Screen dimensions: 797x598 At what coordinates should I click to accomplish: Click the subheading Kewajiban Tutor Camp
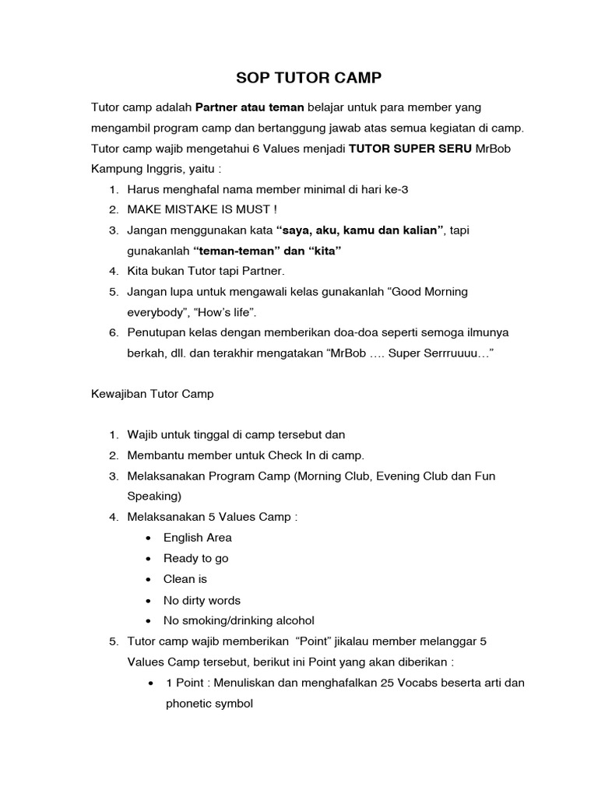tap(153, 394)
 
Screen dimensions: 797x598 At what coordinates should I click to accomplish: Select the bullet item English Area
tap(197, 537)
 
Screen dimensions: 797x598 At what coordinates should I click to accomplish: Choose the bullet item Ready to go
tap(195, 558)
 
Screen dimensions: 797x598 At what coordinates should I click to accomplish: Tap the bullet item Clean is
tap(185, 579)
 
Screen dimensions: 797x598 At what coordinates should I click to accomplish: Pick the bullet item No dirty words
tap(202, 600)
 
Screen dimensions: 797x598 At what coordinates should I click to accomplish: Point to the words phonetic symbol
tap(209, 704)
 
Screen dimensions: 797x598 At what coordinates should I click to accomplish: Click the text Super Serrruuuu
tap(452, 353)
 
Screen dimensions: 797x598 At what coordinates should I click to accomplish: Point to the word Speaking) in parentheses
tap(154, 496)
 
